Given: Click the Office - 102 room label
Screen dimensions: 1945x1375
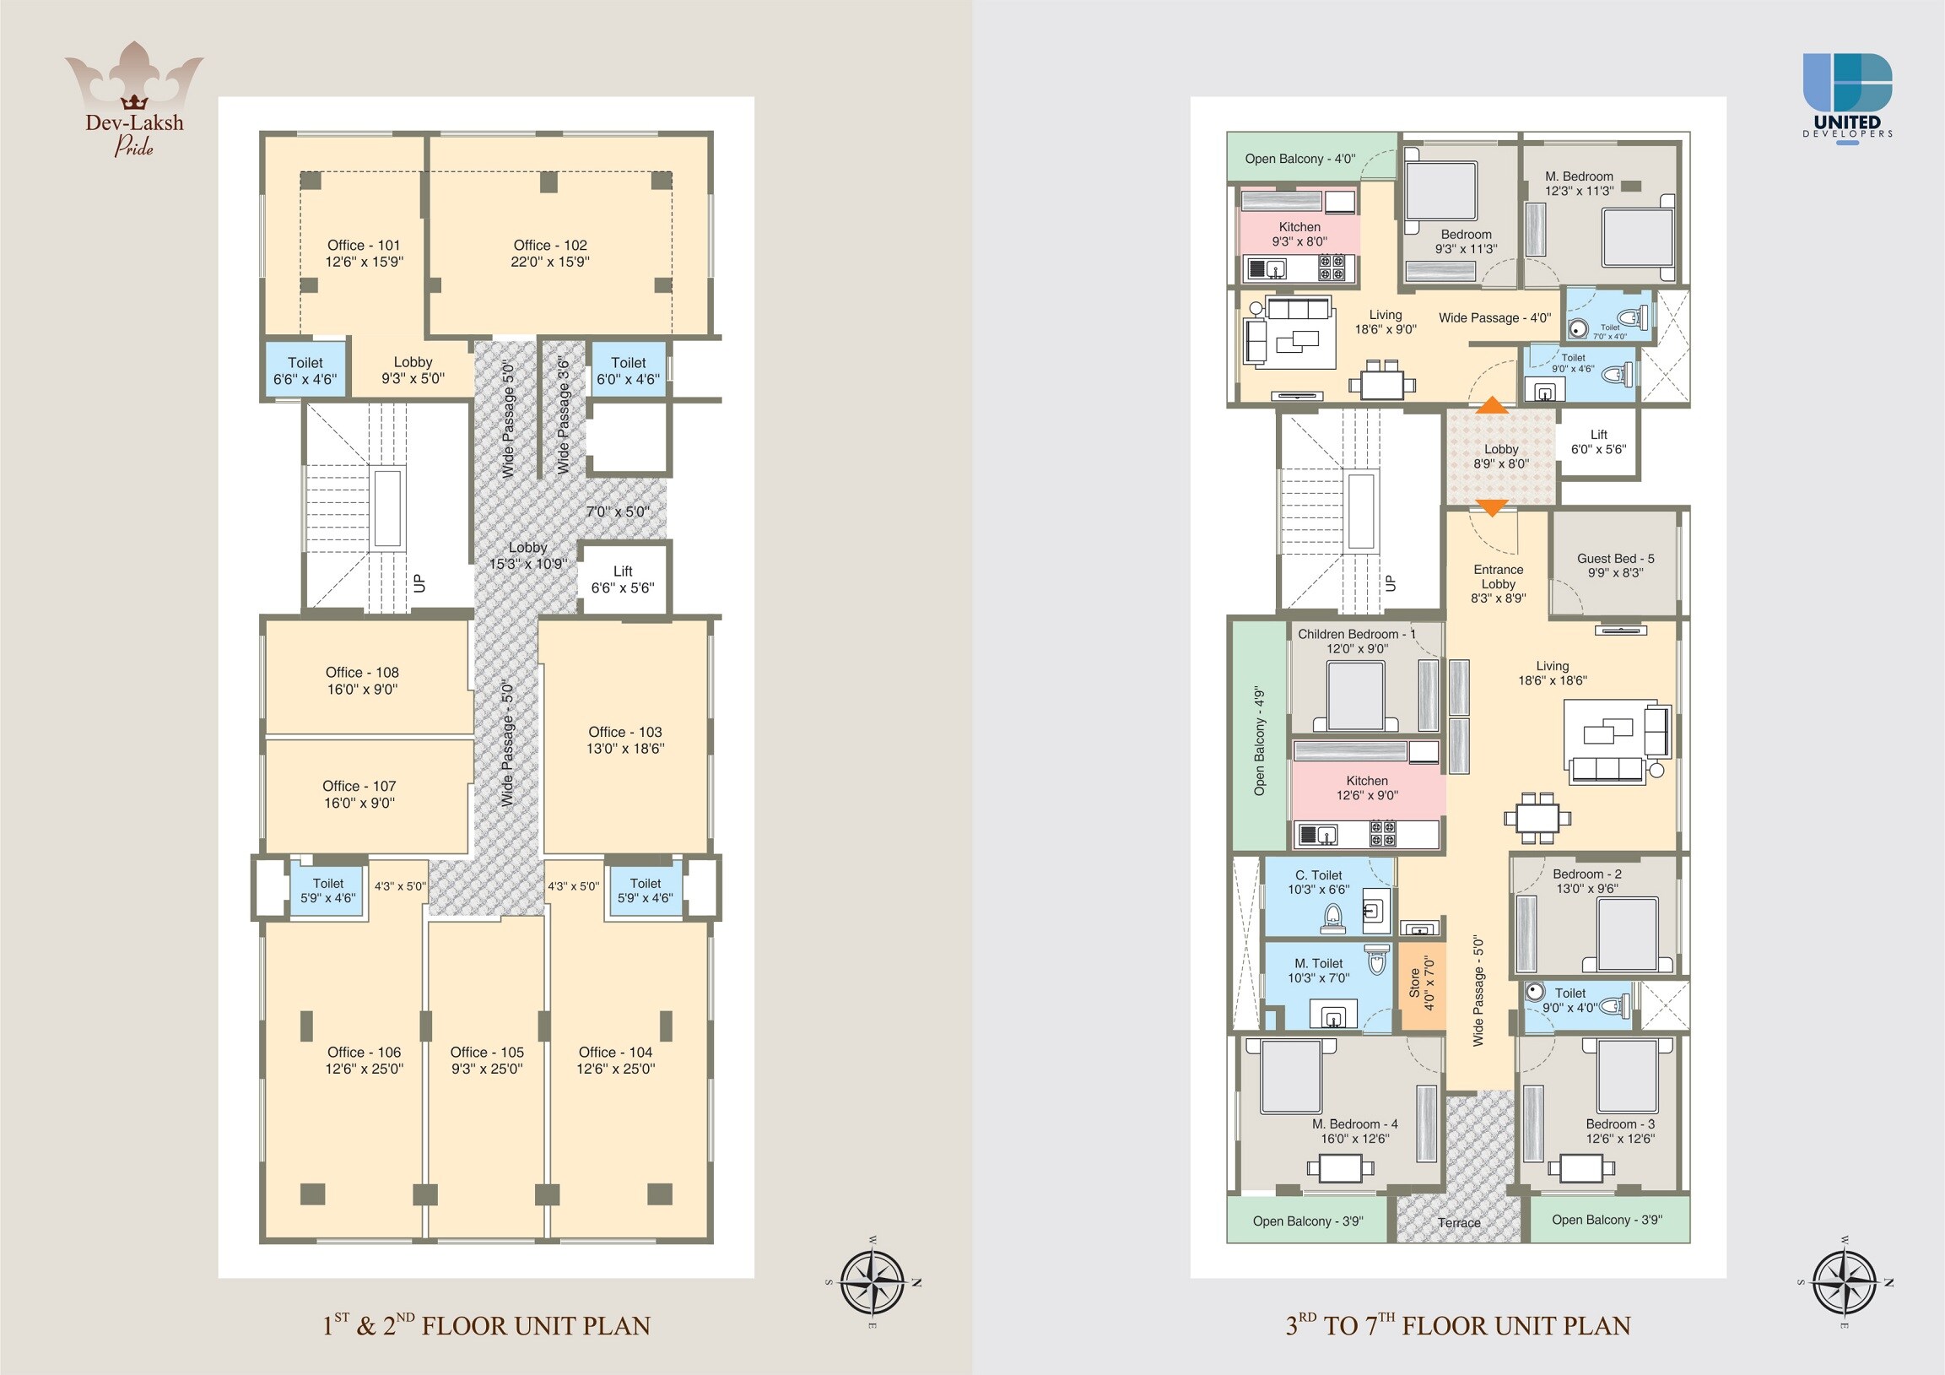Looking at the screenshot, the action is click(550, 246).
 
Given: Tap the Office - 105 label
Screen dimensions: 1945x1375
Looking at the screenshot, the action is click(487, 1053).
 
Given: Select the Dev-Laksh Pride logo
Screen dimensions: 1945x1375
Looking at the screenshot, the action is click(134, 100).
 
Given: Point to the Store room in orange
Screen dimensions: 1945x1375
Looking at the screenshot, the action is click(1422, 984).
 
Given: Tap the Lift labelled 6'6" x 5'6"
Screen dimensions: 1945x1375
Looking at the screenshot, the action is click(624, 579).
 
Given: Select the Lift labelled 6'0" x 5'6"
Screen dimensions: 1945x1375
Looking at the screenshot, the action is click(1598, 442).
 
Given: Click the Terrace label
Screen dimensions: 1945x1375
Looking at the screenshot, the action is click(1459, 1222).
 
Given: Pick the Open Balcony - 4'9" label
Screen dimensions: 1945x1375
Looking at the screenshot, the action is click(1260, 740).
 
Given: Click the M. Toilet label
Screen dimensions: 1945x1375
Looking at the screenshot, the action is click(1319, 963).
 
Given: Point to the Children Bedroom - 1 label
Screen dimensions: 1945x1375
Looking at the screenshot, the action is click(1356, 634).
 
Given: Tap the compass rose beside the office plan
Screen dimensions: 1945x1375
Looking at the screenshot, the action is click(873, 1283).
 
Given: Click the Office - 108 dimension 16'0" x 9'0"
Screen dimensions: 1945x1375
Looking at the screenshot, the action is click(363, 690).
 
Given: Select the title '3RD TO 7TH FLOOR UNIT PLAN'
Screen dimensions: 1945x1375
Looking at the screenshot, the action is click(1458, 1325).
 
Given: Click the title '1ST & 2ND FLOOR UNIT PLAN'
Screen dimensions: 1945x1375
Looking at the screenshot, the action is click(486, 1325).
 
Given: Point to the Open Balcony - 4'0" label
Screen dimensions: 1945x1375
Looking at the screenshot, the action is click(1300, 159).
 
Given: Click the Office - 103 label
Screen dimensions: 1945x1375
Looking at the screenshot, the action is click(625, 732).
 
